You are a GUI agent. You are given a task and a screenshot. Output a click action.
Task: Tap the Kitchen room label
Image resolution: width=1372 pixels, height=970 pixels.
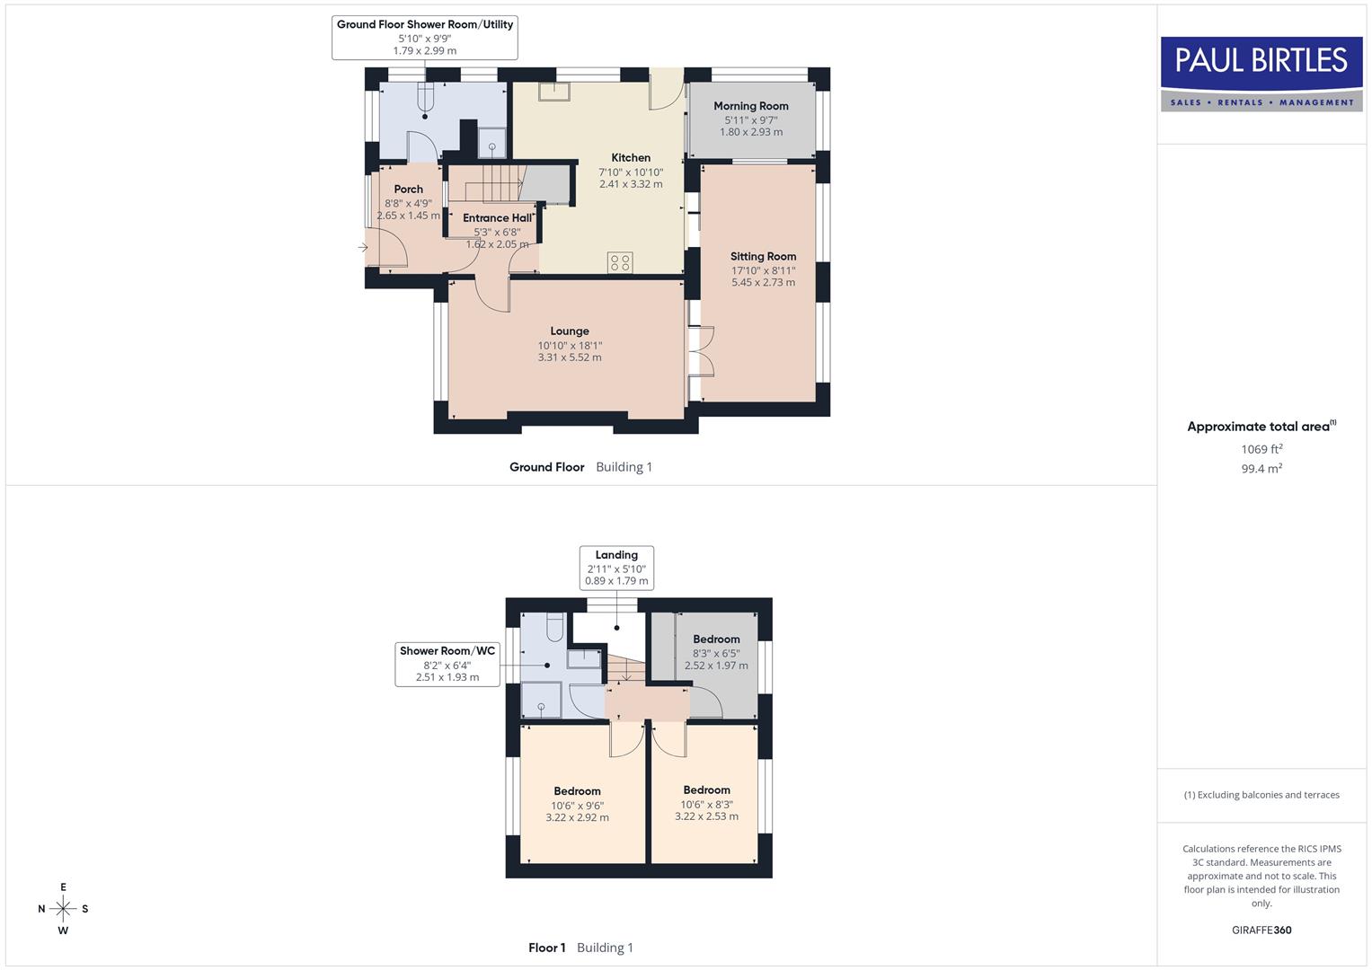631,158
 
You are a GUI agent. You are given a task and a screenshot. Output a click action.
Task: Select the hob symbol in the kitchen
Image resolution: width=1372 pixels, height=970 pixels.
620,262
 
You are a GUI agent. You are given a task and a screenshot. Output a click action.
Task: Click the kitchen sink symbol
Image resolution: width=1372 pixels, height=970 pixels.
553,91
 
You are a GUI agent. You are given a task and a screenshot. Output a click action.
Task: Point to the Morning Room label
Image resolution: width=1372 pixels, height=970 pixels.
751,106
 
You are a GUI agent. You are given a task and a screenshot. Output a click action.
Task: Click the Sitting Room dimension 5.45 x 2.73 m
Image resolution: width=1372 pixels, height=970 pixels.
763,282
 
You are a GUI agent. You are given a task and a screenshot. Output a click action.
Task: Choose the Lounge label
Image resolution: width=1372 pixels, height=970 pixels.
570,331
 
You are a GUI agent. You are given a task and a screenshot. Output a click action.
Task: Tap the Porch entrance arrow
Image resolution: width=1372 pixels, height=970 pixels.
363,247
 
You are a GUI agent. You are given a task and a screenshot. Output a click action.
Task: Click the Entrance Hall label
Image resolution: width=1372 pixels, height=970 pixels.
497,218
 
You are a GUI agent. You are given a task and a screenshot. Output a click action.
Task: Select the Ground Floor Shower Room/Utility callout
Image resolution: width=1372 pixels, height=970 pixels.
424,37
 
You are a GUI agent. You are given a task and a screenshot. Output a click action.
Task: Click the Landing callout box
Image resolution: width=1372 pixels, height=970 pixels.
616,568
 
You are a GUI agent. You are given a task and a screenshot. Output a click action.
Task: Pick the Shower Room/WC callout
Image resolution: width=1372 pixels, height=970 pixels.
447,664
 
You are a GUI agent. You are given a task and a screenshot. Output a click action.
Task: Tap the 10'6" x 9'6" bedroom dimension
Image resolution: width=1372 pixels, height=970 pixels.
577,806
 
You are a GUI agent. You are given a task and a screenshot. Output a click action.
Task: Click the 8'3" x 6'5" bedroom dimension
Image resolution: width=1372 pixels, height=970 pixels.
716,653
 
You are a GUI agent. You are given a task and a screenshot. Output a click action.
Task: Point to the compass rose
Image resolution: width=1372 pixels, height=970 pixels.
63,909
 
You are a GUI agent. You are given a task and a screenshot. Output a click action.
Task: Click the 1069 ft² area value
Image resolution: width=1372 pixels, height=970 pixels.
1261,449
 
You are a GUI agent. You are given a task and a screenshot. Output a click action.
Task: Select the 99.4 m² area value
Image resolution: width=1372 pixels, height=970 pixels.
1261,469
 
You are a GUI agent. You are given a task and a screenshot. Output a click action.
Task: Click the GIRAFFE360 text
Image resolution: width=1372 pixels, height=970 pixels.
1261,930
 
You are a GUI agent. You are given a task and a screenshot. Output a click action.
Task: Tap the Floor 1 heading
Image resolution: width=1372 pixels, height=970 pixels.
547,948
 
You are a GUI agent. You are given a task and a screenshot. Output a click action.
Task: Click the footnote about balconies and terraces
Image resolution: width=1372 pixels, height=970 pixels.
1261,795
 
